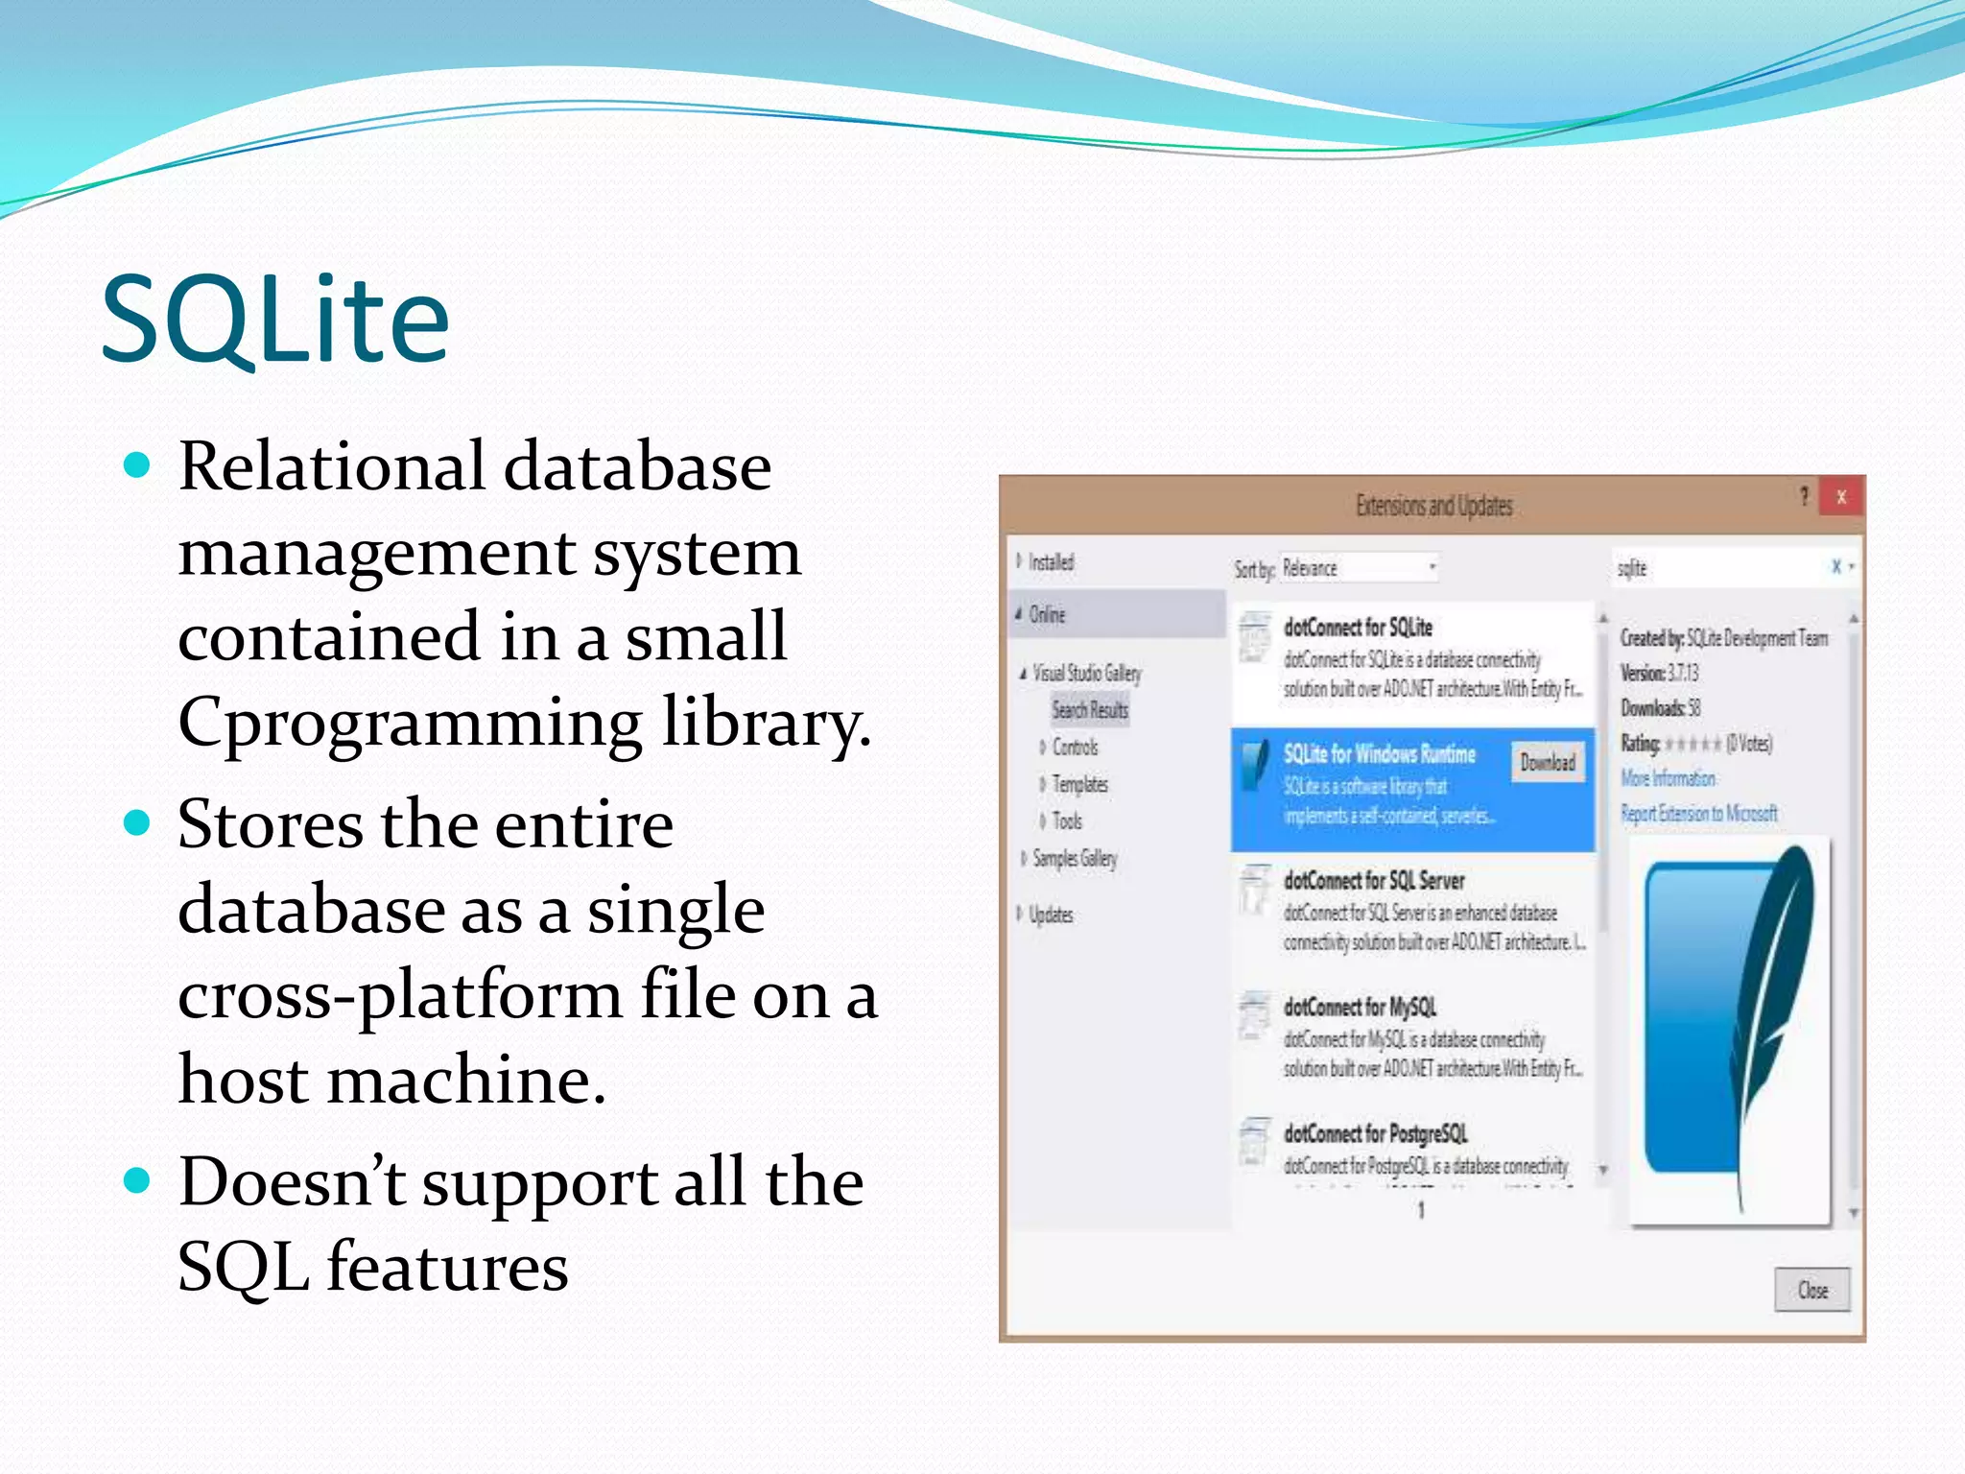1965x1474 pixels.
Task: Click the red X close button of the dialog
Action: click(x=1840, y=497)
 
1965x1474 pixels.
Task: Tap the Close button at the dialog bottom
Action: click(x=1811, y=1290)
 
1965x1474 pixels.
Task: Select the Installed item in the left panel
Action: click(x=1051, y=562)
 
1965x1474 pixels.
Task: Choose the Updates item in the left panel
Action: click(x=1051, y=915)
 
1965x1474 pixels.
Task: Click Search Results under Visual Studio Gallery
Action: click(x=1090, y=710)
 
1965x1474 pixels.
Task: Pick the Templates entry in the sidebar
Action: click(x=1079, y=784)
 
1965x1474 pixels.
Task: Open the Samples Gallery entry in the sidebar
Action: click(x=1075, y=858)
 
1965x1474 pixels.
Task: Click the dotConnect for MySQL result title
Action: click(x=1360, y=1007)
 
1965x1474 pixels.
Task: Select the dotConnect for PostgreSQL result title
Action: click(x=1375, y=1133)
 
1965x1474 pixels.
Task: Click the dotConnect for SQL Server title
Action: click(x=1374, y=880)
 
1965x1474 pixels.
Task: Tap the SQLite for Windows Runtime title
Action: click(x=1379, y=754)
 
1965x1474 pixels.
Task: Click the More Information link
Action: click(x=1668, y=778)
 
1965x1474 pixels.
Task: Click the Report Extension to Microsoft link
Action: click(x=1698, y=814)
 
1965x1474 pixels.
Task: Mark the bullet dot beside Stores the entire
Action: click(x=138, y=822)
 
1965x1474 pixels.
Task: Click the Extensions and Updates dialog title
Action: click(x=1433, y=506)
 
